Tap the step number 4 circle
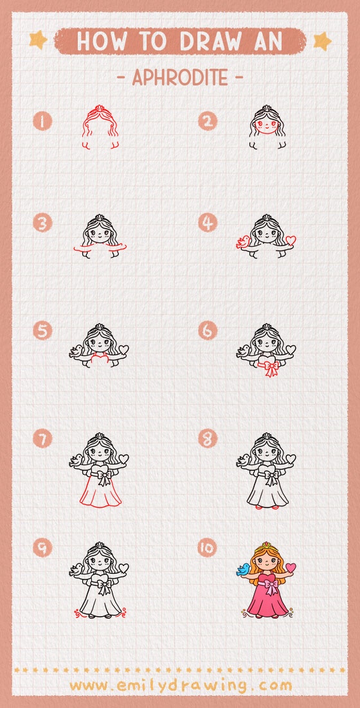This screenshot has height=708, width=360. [208, 224]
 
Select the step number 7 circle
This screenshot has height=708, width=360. [43, 439]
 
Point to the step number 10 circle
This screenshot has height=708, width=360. [208, 547]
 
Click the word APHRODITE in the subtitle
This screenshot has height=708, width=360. [180, 78]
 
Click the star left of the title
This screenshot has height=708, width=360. [38, 40]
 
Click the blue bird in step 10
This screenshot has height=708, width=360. [244, 569]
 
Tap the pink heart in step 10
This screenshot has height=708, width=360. [291, 568]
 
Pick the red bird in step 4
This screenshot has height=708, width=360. [243, 242]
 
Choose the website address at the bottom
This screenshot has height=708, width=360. [180, 685]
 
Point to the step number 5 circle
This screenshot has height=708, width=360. [43, 332]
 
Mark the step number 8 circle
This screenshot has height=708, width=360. [208, 439]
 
